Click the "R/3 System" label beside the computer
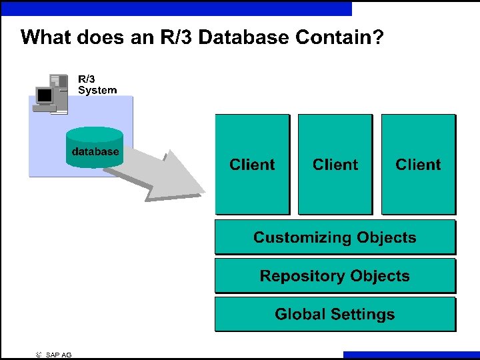coord(97,85)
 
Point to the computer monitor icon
coord(45,97)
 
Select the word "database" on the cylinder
coord(95,151)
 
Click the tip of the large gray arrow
coord(203,193)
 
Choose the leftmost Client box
coord(252,164)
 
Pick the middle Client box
coord(335,164)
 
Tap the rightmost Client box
coord(418,164)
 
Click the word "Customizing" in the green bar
coord(302,237)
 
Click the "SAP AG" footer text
coord(59,355)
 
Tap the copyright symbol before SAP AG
coord(39,355)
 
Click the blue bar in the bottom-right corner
coord(411,355)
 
